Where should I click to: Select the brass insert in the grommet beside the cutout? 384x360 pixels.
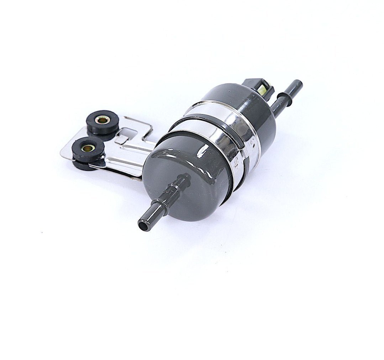[103, 120]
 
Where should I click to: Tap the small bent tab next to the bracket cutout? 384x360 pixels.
[122, 139]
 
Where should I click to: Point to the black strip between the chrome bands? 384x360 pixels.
[214, 117]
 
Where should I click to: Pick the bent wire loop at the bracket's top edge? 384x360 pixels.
[142, 123]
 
